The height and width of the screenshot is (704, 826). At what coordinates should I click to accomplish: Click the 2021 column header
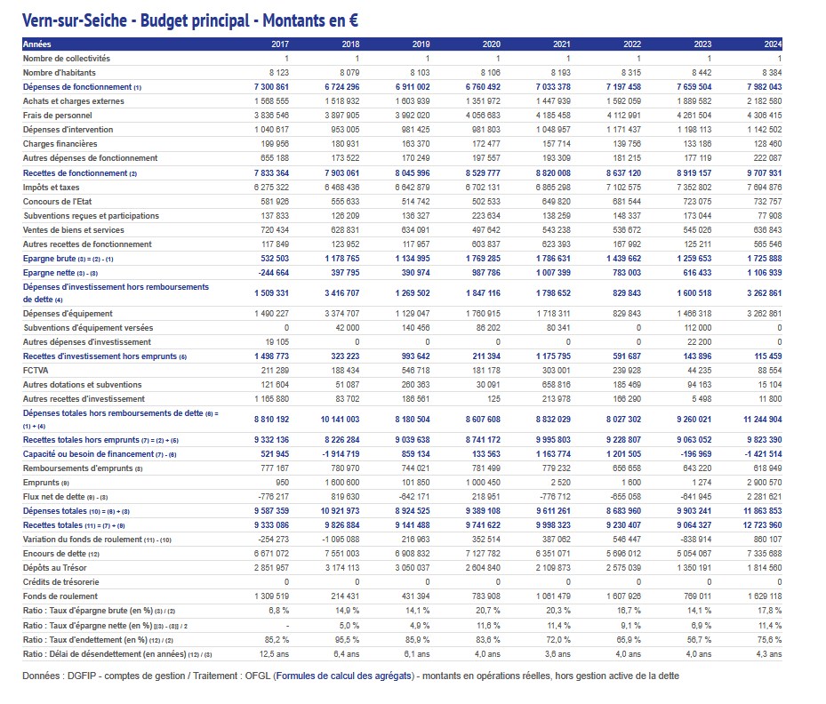pyautogui.click(x=561, y=44)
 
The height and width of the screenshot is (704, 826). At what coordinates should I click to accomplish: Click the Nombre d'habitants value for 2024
pyautogui.click(x=769, y=73)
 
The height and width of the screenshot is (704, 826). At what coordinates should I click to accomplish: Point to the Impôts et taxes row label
pyautogui.click(x=52, y=187)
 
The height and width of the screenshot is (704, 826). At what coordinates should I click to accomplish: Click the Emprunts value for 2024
pyautogui.click(x=766, y=483)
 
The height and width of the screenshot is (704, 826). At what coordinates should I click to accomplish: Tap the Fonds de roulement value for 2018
pyautogui.click(x=343, y=596)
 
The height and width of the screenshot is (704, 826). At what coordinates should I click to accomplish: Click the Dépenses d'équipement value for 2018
pyautogui.click(x=340, y=314)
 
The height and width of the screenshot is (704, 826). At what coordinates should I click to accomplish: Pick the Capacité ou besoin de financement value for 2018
pyautogui.click(x=338, y=454)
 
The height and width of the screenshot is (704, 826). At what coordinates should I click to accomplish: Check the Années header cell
pyautogui.click(x=37, y=44)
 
